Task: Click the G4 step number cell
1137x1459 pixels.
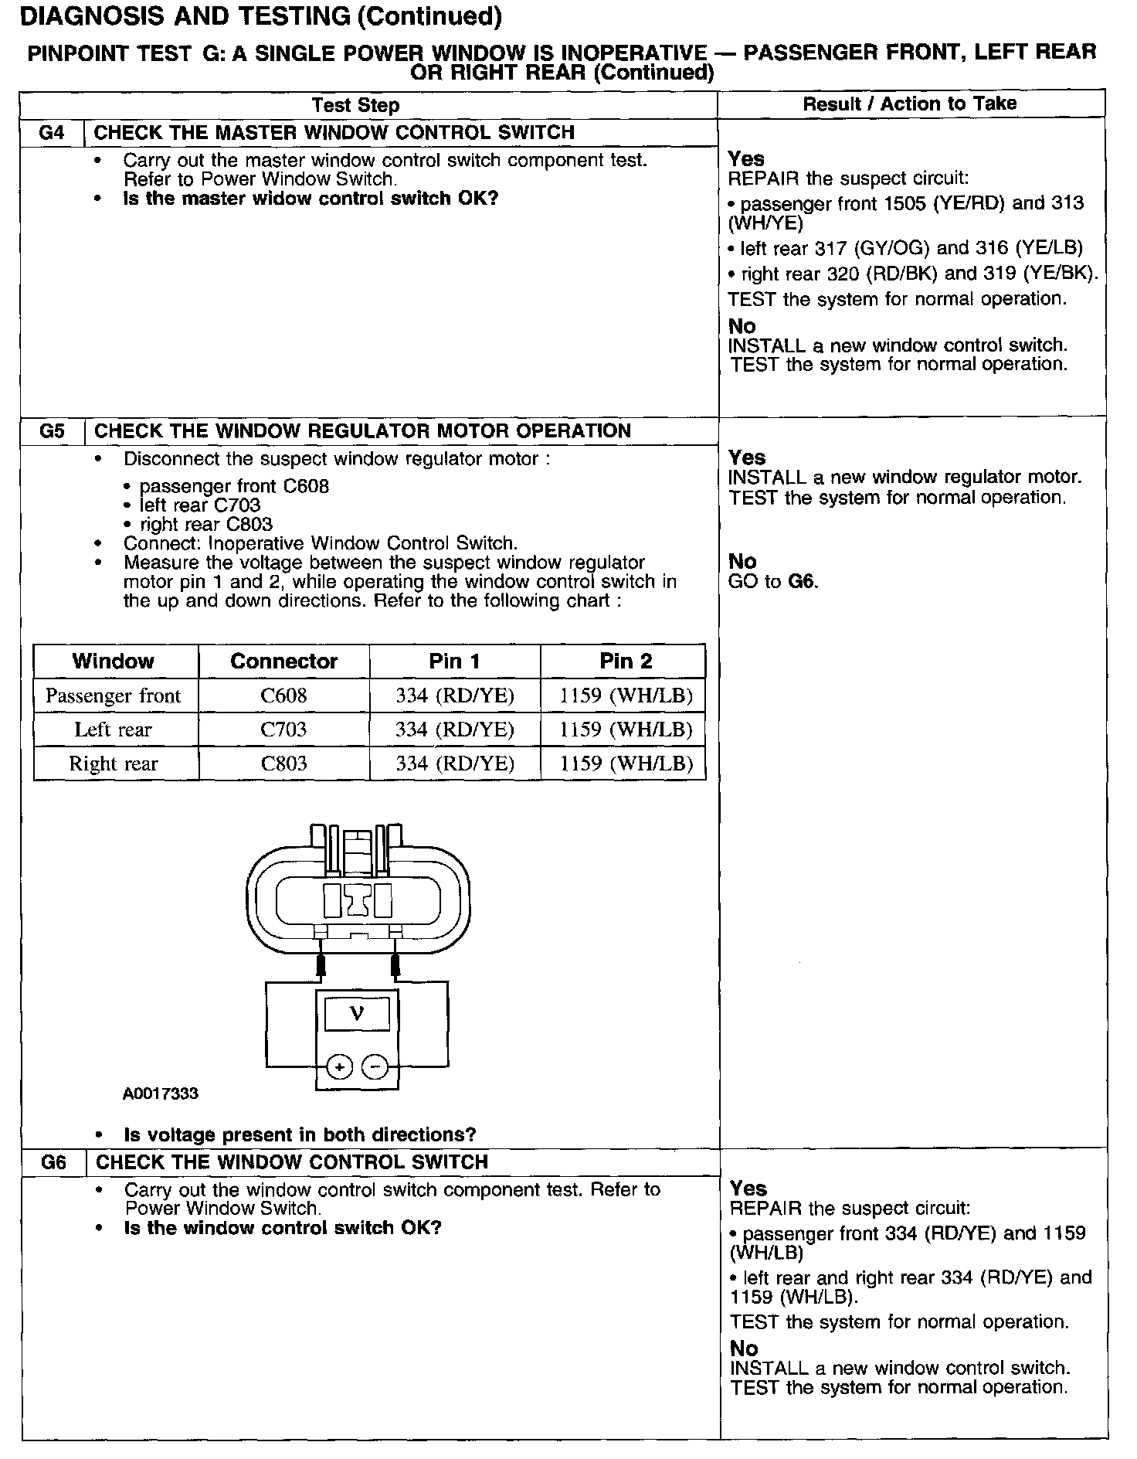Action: point(51,133)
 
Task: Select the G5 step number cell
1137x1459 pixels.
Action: point(52,431)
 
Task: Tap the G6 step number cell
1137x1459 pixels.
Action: point(53,1162)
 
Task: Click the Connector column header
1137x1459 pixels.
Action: point(283,661)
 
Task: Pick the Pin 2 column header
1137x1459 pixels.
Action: point(626,661)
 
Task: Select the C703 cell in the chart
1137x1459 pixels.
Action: point(283,729)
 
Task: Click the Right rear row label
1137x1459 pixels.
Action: point(114,764)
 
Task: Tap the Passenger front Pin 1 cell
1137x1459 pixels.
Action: point(454,695)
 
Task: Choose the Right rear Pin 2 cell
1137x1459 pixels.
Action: point(626,764)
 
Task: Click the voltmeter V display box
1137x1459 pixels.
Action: point(357,1013)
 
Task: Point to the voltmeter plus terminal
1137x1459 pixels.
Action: point(339,1067)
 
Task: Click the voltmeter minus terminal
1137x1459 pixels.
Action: point(375,1067)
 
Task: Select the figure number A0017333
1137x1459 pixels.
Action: point(160,1094)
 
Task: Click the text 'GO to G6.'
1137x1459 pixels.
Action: point(772,582)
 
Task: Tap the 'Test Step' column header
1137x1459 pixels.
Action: point(355,106)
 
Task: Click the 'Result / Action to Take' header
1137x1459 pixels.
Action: point(910,104)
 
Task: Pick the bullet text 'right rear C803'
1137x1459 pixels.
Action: point(205,524)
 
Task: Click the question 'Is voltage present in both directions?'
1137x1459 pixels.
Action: point(300,1134)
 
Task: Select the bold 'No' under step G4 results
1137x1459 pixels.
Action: point(742,326)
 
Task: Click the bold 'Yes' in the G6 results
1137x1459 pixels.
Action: point(748,1189)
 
